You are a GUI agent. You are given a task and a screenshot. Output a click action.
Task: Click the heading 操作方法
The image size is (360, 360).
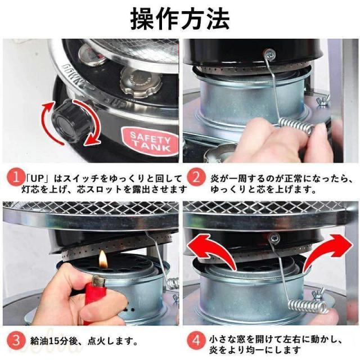[180, 19]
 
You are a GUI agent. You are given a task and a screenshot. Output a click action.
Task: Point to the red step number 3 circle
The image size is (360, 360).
[15, 341]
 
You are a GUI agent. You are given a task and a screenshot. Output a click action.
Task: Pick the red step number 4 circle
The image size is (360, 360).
[196, 341]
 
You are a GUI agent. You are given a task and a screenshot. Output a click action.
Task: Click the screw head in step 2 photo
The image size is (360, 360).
[269, 54]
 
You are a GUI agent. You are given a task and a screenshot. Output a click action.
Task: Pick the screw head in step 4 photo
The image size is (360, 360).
[275, 238]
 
